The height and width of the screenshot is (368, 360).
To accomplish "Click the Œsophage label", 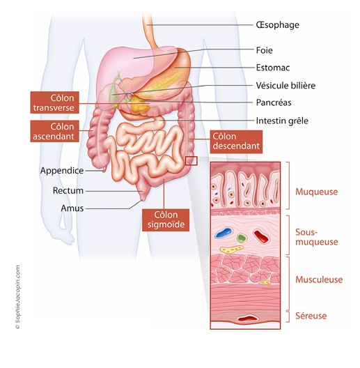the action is (277, 25).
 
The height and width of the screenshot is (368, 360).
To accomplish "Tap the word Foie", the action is (265, 50).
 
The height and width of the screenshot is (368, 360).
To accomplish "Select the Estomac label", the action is (273, 68).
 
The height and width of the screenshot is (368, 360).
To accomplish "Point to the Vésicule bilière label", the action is (285, 86).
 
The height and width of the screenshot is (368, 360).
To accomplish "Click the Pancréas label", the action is (274, 102).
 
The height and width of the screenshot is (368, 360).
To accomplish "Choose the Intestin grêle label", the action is (282, 121).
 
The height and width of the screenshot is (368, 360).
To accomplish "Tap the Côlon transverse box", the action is (54, 102).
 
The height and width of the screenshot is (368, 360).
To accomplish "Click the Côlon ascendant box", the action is (54, 132).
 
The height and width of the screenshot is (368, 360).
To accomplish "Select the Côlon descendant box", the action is (236, 141).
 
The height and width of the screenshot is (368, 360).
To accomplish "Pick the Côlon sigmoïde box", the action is (166, 220).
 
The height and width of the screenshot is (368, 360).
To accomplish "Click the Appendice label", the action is (62, 171).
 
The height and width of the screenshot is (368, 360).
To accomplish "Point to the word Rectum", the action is (68, 190).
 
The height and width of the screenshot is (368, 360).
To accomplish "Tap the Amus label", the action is (72, 208).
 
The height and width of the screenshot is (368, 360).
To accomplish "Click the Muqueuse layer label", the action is (317, 192).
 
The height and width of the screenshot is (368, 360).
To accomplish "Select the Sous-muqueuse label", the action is (317, 237).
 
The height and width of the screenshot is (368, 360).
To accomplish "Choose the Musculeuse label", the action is (319, 279).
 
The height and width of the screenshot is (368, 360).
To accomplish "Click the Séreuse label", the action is (311, 316).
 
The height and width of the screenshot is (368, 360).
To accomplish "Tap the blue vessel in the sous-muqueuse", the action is (224, 232).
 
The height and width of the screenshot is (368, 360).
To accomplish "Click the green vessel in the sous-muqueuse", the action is (242, 238).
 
